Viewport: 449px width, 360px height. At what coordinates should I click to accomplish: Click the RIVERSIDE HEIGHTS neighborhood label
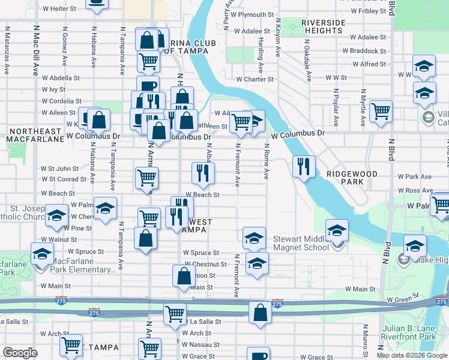pos(322,26)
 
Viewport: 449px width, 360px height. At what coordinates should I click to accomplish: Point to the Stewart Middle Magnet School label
pos(301,243)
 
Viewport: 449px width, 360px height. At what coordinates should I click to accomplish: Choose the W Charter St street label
pos(255,79)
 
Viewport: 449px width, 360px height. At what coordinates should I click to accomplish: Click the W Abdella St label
pos(61,78)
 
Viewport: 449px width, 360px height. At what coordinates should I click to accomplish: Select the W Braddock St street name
pos(367,51)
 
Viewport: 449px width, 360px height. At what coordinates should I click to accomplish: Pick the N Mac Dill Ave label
pos(36,48)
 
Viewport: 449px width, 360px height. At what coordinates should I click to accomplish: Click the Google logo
pos(20,353)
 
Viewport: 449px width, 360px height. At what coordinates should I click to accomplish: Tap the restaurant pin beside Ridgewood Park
pos(304,166)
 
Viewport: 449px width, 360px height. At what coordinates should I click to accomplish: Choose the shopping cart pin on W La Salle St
pos(174,314)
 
